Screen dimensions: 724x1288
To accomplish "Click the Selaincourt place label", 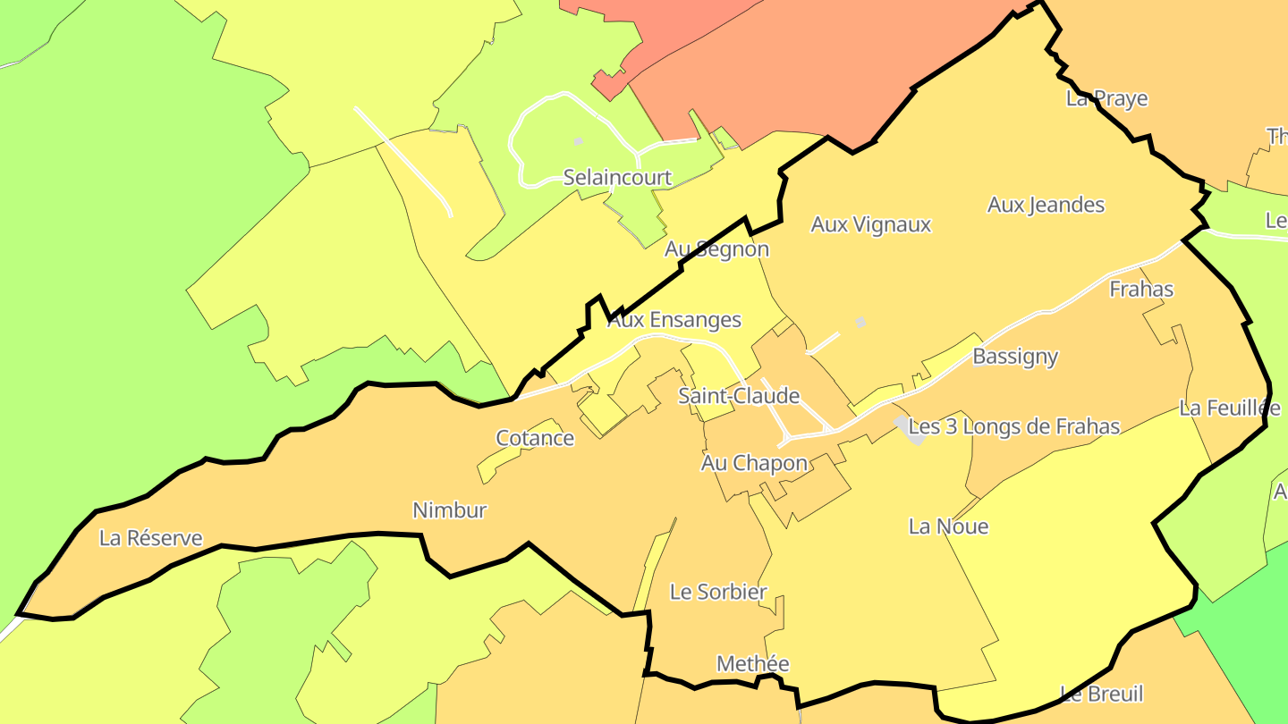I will (617, 178).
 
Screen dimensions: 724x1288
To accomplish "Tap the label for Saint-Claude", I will (739, 396).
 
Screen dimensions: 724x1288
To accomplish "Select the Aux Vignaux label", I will (871, 225).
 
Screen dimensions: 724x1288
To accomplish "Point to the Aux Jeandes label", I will (1046, 206).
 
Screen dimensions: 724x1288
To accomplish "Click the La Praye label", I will (1106, 98).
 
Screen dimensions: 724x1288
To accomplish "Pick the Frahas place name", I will (1141, 290).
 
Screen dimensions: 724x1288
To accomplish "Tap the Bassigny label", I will (1015, 357).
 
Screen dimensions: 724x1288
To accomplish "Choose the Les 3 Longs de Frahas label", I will (1014, 427).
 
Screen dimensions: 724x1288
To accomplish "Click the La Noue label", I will (948, 526).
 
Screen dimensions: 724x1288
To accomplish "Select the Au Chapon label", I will (754, 463).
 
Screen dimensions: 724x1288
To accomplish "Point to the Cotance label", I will (535, 438).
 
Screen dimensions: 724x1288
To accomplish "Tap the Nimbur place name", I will (449, 510).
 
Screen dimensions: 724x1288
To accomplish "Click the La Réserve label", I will (151, 538).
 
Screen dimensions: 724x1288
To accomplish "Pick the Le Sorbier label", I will (718, 592).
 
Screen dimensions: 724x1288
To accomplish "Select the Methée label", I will (753, 664).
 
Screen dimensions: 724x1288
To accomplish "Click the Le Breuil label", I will (1101, 694).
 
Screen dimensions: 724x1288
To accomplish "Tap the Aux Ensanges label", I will (674, 320).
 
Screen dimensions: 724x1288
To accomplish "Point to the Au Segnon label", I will (716, 249).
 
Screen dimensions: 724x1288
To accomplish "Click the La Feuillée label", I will (1229, 408).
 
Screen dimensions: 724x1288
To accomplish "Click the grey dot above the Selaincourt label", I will (578, 141).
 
